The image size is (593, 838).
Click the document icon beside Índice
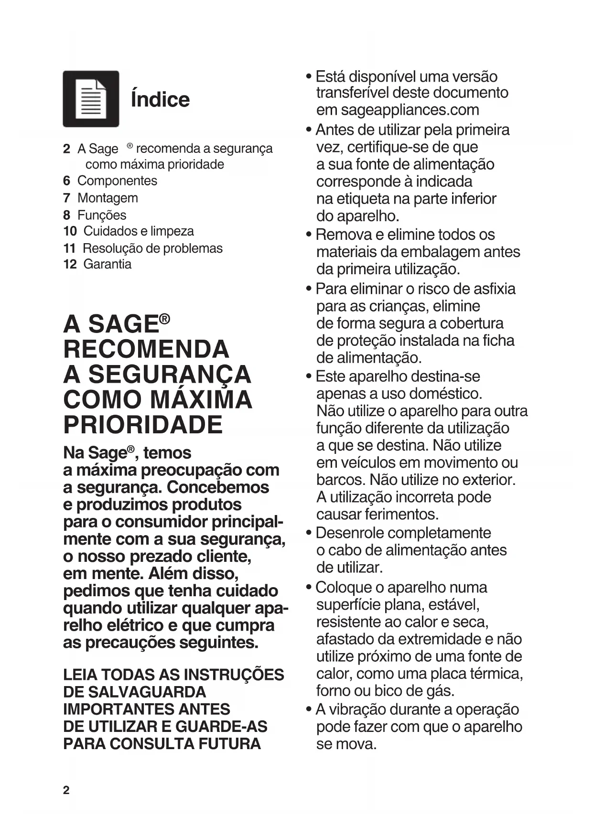(91, 99)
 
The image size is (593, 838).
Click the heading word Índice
(160, 99)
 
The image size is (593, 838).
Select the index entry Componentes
(117, 181)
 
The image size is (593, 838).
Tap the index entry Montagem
(108, 198)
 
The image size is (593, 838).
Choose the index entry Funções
(102, 215)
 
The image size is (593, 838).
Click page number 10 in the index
(70, 231)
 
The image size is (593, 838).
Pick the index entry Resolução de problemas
(152, 248)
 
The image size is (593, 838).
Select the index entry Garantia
(107, 264)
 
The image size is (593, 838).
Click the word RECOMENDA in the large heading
(146, 349)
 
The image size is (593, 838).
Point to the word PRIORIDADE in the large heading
(143, 425)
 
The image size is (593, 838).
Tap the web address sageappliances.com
(410, 110)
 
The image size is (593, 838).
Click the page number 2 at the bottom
(66, 790)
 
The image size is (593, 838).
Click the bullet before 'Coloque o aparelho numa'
(309, 587)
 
